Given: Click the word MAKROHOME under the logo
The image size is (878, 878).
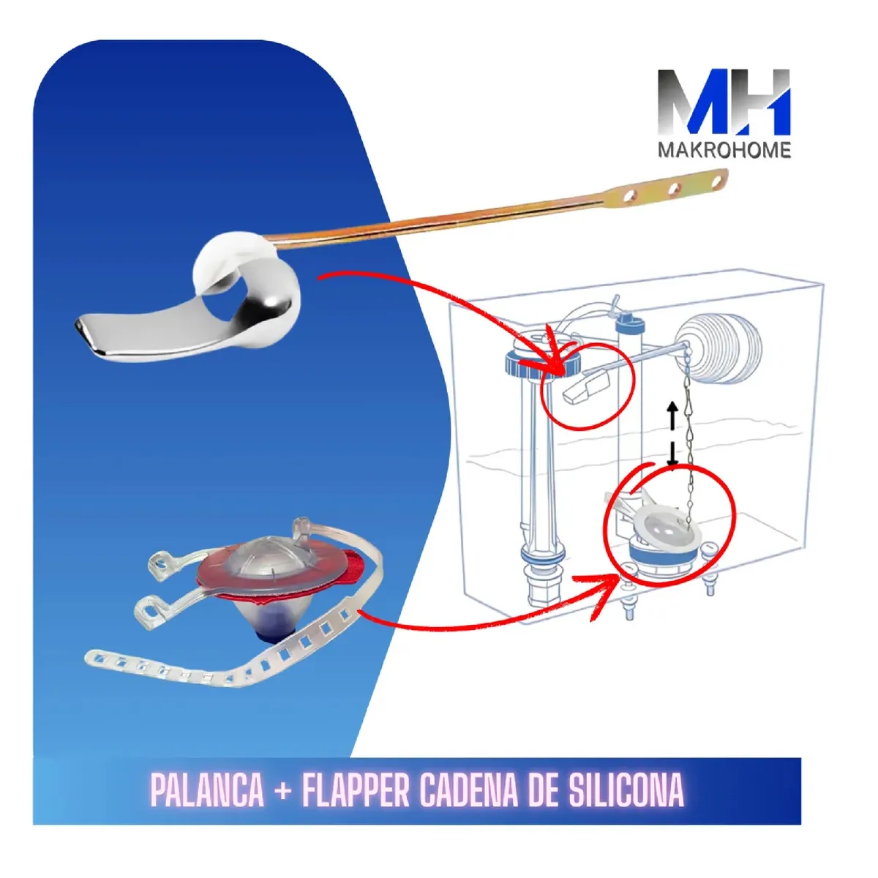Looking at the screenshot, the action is pyautogui.click(x=724, y=150).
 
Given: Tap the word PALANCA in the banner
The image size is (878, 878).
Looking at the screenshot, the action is pyautogui.click(x=207, y=789).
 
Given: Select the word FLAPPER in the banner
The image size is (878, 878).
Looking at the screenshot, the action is pyautogui.click(x=356, y=789).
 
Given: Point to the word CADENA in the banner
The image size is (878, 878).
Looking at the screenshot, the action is pyautogui.click(x=469, y=789).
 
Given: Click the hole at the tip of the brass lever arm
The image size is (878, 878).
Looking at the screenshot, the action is pyautogui.click(x=716, y=181).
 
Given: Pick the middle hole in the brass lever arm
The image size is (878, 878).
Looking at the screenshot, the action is pyautogui.click(x=673, y=189).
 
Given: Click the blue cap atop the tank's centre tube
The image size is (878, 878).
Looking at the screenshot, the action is pyautogui.click(x=630, y=321).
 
